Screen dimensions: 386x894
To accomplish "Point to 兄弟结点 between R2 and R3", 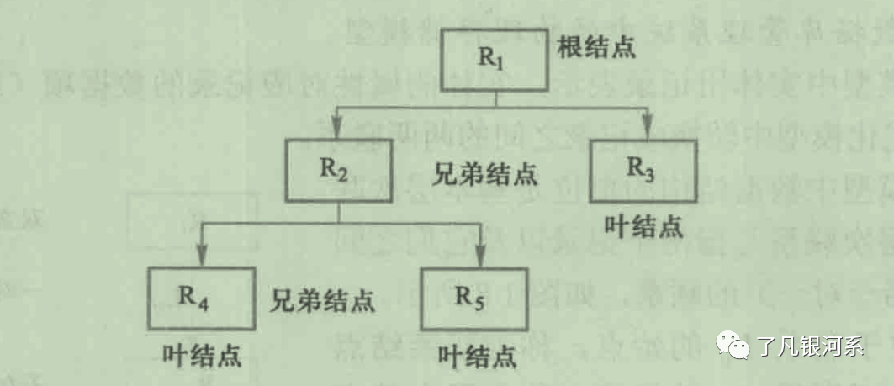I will coord(485,176).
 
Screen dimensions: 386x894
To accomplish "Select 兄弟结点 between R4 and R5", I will coord(322,299).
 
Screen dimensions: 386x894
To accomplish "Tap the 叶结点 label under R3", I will coord(643,225).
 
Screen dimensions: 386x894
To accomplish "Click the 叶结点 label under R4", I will coord(200,354).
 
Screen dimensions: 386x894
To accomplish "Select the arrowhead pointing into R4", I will coord(202,256).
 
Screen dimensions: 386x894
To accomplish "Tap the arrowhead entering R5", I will coord(480,256).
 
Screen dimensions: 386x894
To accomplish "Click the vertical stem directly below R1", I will coord(495,99).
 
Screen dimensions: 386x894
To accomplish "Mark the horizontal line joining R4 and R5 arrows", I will coord(341,223).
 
